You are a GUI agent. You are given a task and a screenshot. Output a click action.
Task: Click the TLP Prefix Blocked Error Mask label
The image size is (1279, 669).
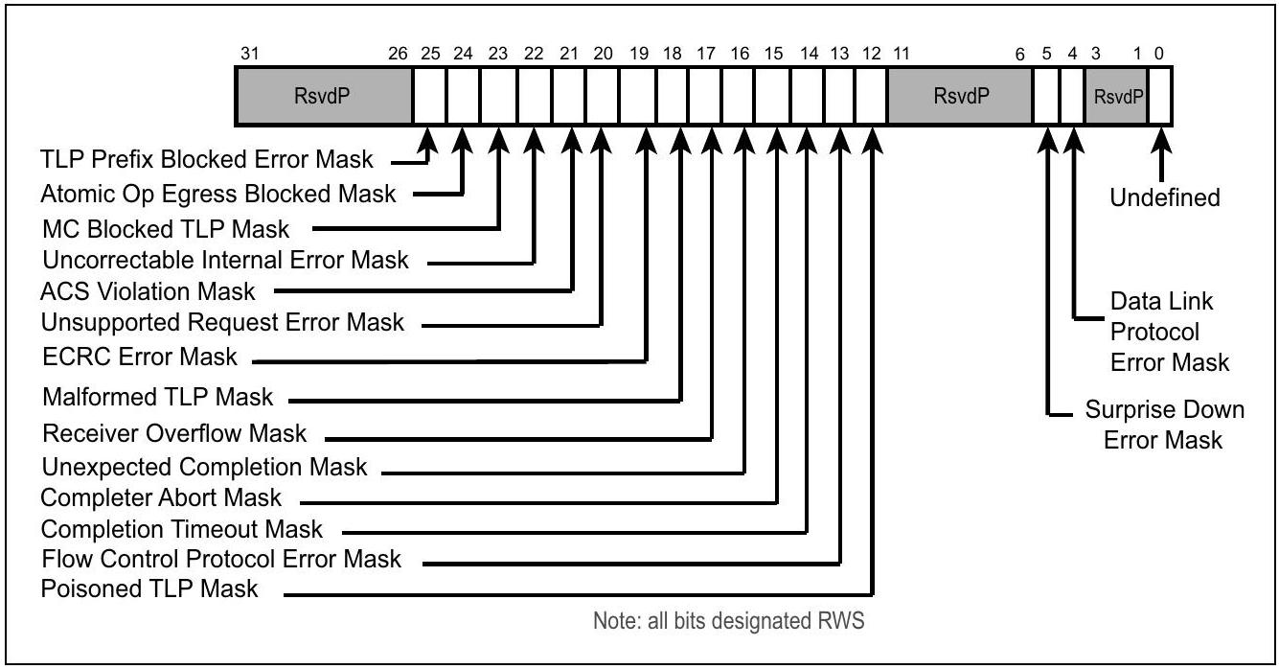pos(207,159)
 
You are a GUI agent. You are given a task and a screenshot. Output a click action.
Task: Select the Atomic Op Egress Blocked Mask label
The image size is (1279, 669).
pos(218,195)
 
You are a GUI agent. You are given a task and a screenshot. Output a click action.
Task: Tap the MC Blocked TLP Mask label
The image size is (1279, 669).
pos(166,229)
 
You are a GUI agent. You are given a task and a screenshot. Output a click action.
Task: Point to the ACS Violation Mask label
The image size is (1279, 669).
pos(148,291)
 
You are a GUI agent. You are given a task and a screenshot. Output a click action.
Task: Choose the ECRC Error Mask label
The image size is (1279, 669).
pos(139,358)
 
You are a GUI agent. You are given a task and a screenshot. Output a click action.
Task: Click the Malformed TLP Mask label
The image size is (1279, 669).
pos(157,397)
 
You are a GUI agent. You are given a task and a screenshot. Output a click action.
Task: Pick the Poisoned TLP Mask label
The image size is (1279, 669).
pos(149,589)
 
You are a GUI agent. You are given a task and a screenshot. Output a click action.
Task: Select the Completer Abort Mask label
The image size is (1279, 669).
pos(161,497)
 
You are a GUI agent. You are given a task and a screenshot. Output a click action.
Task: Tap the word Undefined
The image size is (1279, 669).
pos(1165,197)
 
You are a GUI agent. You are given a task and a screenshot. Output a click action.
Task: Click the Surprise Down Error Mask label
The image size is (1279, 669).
pos(1164,425)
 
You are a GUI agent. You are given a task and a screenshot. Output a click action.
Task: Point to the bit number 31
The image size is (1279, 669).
pos(249,54)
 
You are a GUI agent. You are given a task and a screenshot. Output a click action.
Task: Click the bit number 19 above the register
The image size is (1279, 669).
pos(639,54)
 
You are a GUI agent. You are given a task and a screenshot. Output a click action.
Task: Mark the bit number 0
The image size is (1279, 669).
pos(1158,54)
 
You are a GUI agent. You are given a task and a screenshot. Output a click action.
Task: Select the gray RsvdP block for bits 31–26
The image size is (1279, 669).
pos(323,96)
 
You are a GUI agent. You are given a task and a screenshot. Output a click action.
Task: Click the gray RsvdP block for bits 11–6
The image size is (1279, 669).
pos(960,96)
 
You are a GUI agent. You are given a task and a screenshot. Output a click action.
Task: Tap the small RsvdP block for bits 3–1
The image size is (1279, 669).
pos(1117,97)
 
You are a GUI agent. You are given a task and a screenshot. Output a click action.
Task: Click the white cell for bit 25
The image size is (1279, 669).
pos(430,96)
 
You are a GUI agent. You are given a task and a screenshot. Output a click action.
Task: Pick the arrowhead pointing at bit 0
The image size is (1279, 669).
pos(1161,141)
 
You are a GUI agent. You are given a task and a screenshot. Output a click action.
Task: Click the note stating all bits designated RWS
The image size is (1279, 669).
pos(729,621)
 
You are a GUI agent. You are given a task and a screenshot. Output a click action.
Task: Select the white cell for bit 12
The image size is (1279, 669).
pos(871,96)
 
